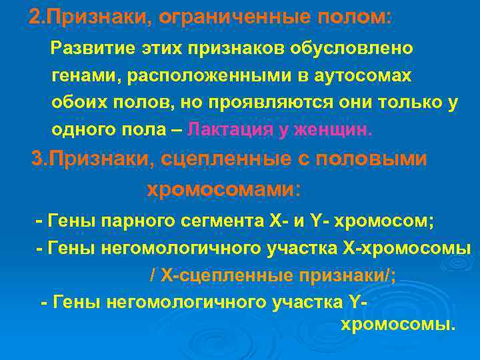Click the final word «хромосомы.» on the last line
[397, 325]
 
